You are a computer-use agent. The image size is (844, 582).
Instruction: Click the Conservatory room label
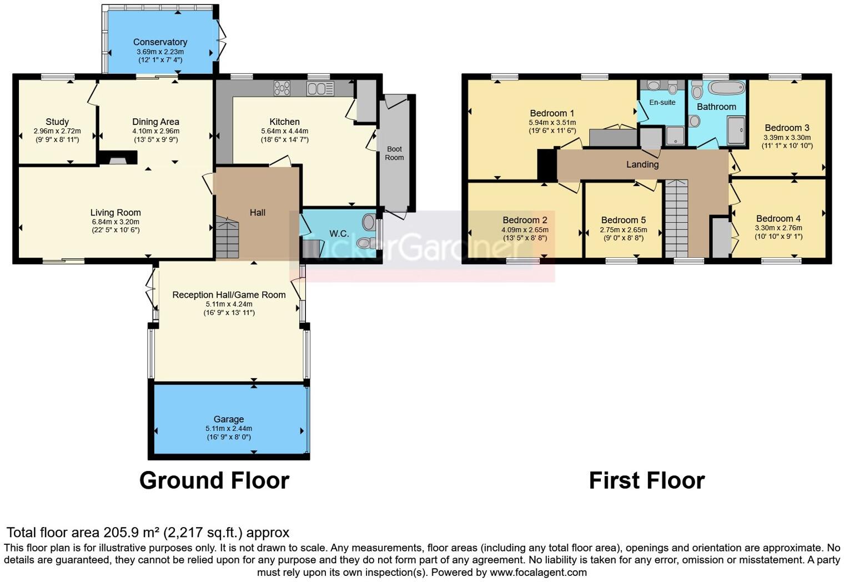point(160,42)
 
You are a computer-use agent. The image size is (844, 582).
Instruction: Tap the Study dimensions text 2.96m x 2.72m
point(57,132)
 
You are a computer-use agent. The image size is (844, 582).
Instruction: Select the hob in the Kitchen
point(282,88)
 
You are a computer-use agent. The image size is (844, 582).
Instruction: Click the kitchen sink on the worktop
point(320,88)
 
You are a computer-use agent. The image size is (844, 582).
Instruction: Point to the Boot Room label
point(394,153)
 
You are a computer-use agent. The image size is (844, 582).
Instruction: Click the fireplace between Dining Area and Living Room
point(118,160)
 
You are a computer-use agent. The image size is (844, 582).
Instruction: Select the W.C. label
point(339,234)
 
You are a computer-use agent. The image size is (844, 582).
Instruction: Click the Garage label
point(229,419)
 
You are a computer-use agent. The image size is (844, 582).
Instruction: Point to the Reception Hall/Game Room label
point(229,295)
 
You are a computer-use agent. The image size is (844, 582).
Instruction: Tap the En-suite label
point(662,102)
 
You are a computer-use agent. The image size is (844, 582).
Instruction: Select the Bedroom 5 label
point(623,220)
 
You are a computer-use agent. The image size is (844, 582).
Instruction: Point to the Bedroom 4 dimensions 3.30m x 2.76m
point(778,228)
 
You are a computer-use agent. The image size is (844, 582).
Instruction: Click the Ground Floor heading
point(214,480)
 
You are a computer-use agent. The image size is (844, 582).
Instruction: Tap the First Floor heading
point(646,480)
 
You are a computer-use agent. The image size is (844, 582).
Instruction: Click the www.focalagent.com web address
point(538,572)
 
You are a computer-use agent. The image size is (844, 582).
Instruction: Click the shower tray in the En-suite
point(675,136)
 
